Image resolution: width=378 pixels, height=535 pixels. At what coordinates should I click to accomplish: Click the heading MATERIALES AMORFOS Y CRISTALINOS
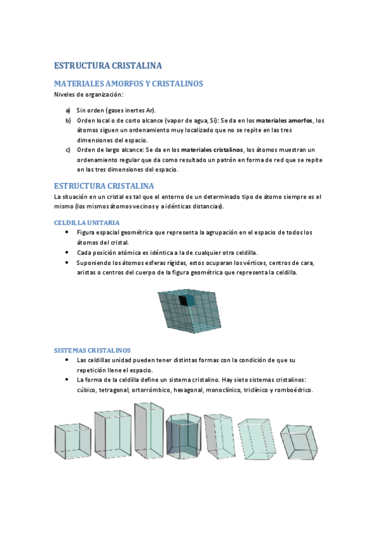(128, 84)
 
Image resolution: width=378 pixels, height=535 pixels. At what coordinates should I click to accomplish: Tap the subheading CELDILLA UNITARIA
(86, 223)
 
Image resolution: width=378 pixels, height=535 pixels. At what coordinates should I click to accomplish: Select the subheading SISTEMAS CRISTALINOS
(92, 350)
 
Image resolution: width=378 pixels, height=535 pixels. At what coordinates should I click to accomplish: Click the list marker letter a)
(68, 110)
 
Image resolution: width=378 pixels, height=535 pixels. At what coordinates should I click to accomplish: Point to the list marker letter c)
(68, 150)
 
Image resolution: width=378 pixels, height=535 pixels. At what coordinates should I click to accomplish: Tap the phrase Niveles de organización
(88, 95)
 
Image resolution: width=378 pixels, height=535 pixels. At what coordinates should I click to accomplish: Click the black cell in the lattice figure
(183, 301)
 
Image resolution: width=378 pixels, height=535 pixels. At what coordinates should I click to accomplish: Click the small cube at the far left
(69, 441)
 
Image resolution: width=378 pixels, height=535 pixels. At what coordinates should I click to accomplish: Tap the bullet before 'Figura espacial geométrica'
(68, 233)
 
